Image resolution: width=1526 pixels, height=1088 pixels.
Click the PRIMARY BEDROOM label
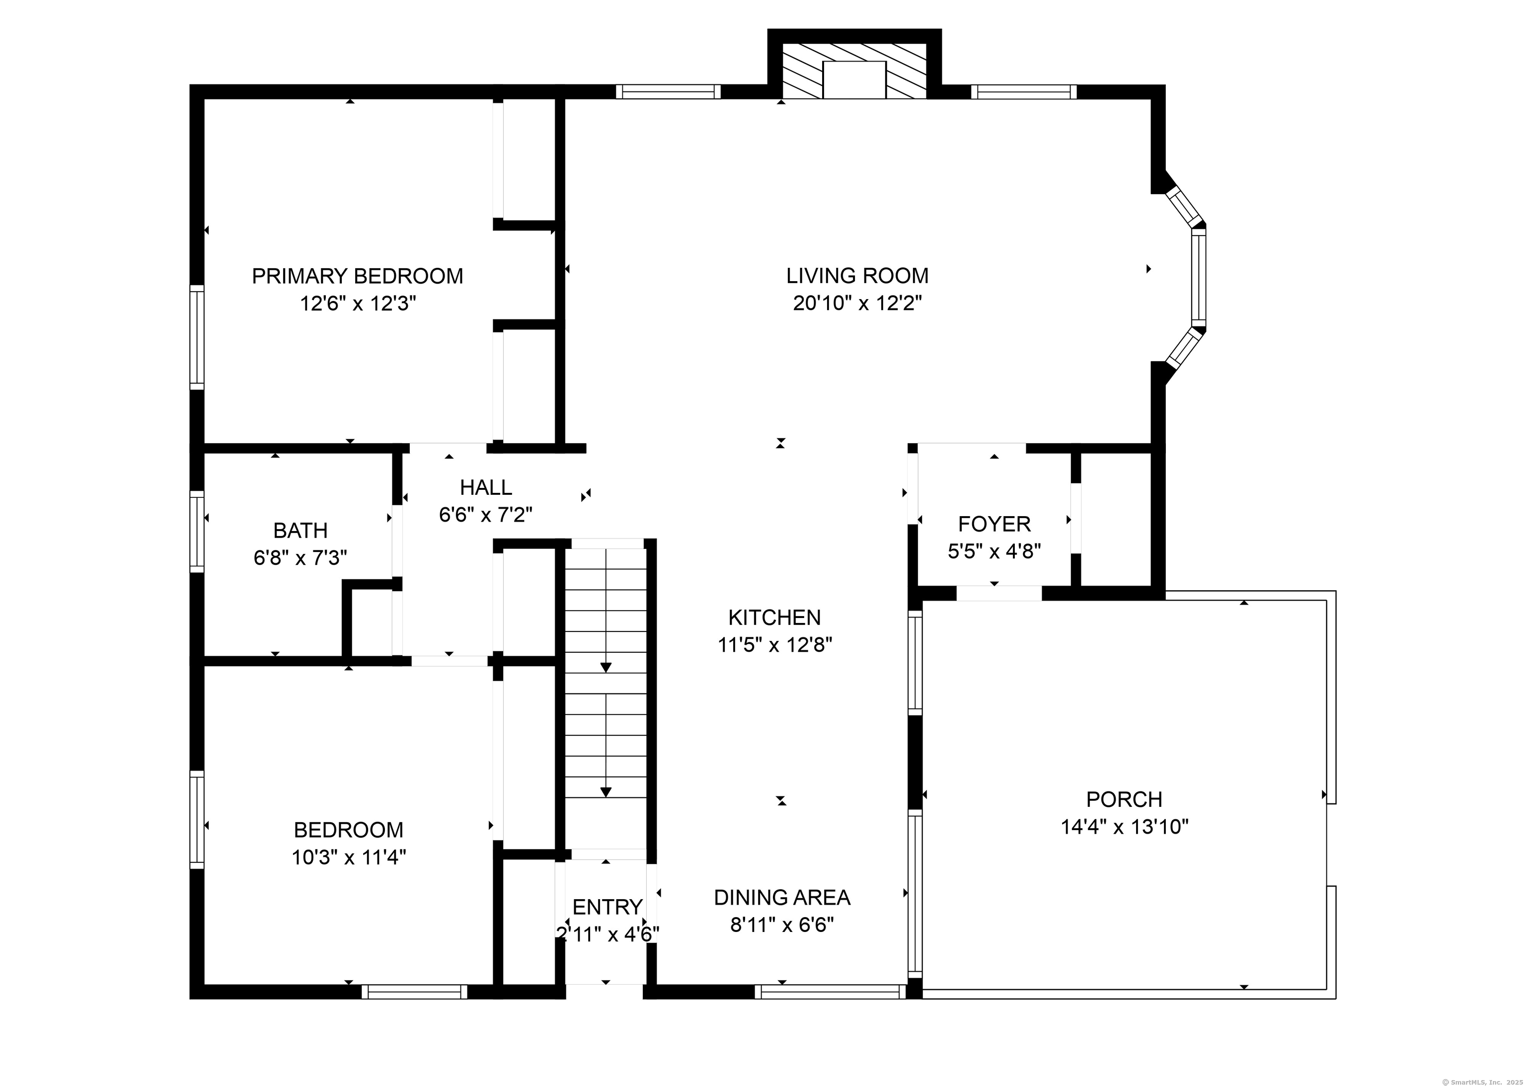point(357,276)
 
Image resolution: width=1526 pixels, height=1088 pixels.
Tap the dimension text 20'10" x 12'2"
point(857,304)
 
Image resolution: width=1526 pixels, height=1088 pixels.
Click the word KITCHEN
point(774,617)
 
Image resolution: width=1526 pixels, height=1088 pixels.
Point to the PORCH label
point(1124,799)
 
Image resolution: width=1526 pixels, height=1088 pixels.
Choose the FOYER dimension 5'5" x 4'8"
point(994,551)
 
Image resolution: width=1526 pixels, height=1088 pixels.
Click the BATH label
point(300,531)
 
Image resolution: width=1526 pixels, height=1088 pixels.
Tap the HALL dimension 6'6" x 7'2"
point(486,515)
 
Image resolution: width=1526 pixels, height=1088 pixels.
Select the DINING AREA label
point(782,898)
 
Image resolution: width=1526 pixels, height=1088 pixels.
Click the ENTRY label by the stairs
point(607,907)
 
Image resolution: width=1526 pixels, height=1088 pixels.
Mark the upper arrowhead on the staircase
point(606,667)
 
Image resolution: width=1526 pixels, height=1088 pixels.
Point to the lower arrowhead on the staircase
point(606,792)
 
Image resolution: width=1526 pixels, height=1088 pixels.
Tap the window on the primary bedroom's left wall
point(196,337)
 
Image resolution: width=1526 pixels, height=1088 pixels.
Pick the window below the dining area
point(830,992)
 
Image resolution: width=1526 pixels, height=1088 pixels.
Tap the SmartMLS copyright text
point(1481,1081)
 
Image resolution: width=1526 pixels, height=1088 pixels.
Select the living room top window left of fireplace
point(668,92)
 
